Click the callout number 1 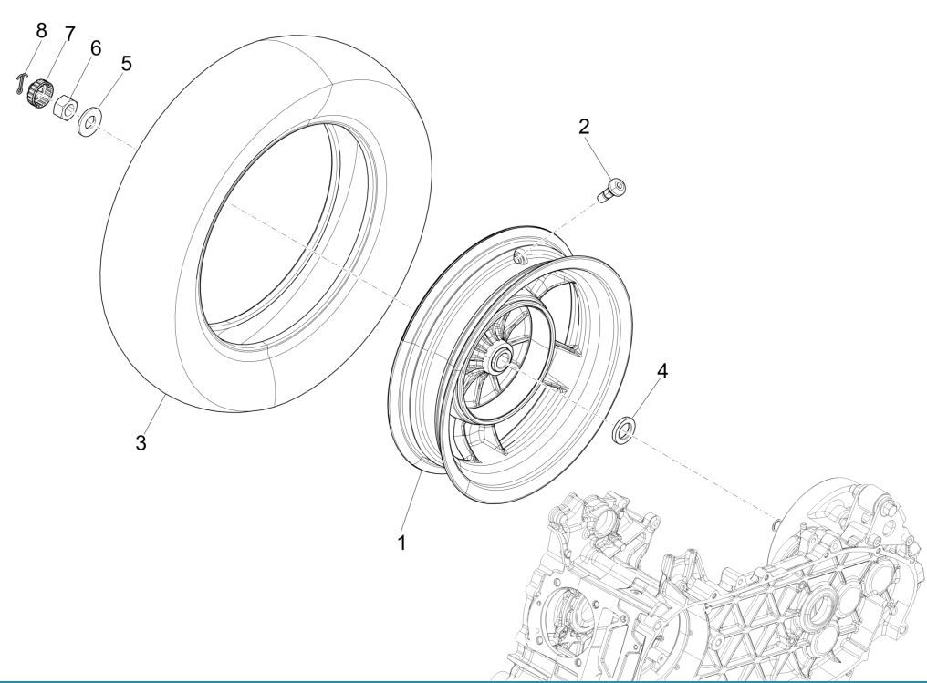pos(401,542)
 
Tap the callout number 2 pos(585,127)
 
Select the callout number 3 pos(141,444)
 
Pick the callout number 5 pos(127,64)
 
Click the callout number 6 pos(96,47)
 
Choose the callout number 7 pos(68,34)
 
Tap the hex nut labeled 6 pos(66,107)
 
